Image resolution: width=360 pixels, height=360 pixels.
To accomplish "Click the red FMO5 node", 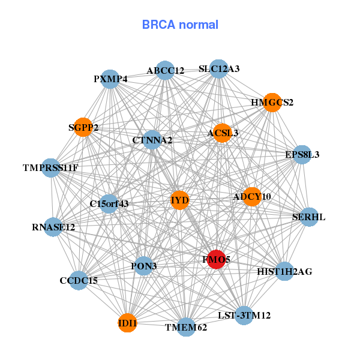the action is (216, 259).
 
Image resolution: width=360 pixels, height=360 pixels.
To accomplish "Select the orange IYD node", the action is (179, 200).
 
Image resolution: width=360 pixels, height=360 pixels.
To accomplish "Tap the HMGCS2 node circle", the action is (272, 103).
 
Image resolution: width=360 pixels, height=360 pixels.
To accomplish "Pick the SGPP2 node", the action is (83, 127).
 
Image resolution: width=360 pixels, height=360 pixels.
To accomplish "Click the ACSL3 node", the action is (223, 133).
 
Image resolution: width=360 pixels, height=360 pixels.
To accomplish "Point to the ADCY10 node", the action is (251, 196).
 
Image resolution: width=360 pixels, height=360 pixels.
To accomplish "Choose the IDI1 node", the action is (127, 323).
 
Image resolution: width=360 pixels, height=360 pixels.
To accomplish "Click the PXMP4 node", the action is (110, 79).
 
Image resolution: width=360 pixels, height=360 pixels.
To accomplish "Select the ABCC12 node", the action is (165, 71).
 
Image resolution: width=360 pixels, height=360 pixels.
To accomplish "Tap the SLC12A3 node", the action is (219, 69).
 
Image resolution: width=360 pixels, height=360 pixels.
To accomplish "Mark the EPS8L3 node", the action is (302, 155).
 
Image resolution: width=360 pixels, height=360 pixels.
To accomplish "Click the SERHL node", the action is (308, 217).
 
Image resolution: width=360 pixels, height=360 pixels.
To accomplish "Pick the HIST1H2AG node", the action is (284, 272).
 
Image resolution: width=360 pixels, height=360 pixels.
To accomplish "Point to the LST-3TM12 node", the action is (244, 315).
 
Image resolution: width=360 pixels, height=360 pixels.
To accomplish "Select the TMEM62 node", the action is (187, 327).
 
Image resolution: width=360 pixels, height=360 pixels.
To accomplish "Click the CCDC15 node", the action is (79, 280).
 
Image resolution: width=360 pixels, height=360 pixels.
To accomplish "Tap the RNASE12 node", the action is (53, 227).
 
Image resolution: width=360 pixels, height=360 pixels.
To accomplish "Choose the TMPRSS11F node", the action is (50, 168).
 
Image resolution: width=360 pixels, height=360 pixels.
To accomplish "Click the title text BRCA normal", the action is (180, 25).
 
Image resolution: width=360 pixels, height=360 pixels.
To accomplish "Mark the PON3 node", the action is (143, 265).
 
